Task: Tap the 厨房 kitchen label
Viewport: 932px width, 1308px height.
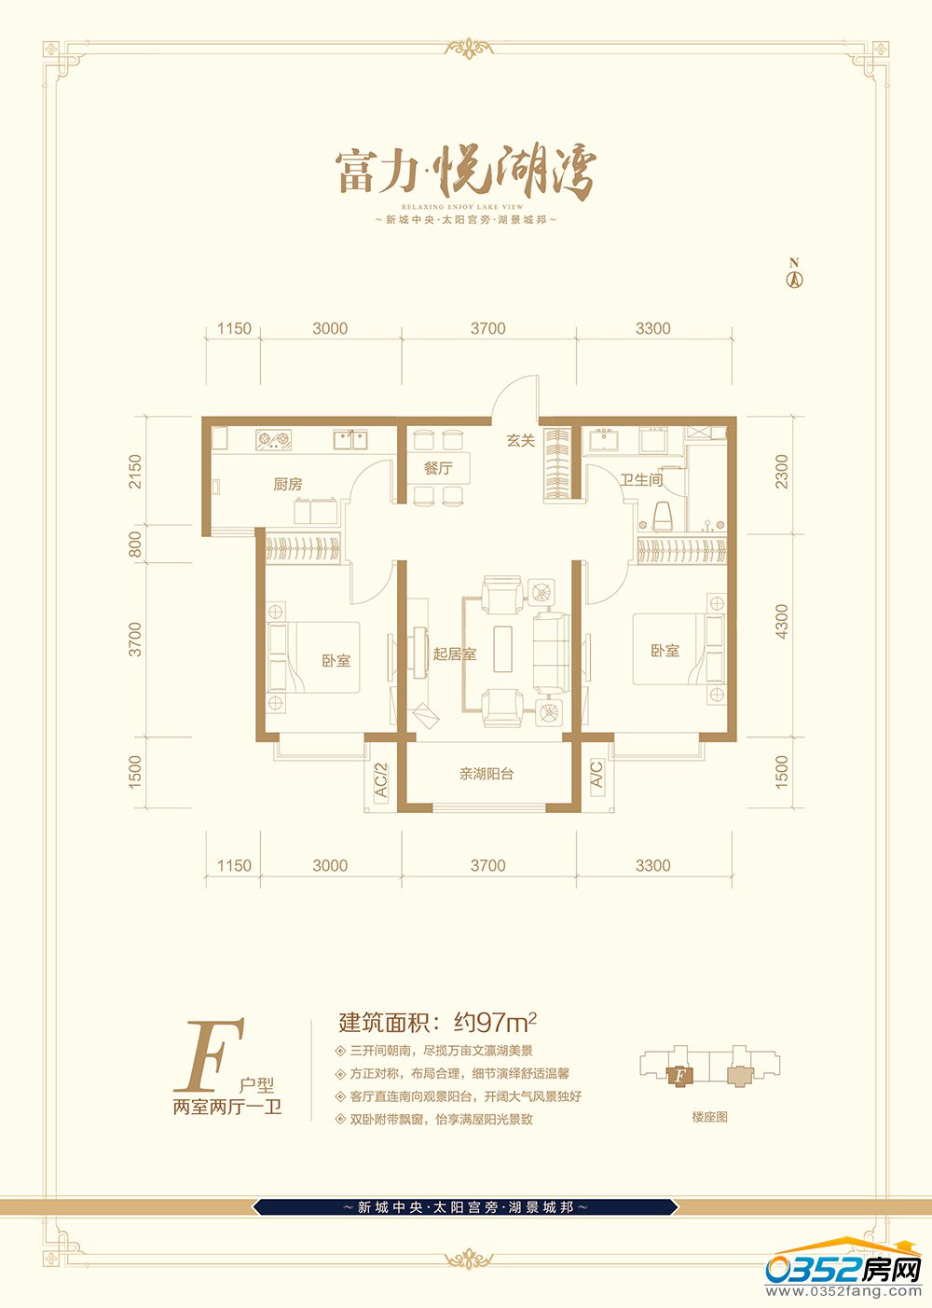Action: (x=288, y=484)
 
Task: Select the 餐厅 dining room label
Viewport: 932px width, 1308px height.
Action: (x=438, y=468)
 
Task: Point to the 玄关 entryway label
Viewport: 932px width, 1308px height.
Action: (x=521, y=440)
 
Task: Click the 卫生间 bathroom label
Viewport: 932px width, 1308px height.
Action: (x=641, y=480)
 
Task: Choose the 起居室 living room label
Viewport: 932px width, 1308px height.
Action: (x=455, y=654)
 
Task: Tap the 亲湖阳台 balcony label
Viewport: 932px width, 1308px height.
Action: (x=487, y=775)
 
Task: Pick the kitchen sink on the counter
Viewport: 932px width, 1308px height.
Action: (x=350, y=439)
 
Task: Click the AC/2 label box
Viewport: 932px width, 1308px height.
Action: (x=381, y=780)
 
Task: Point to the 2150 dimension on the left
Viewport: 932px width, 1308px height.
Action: (x=135, y=472)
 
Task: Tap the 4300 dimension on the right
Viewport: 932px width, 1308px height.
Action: (x=781, y=621)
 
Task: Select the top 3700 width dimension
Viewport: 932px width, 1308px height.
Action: (x=487, y=328)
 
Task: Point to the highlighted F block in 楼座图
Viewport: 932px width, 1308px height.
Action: (x=678, y=1075)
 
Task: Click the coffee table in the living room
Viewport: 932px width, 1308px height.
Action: (x=503, y=649)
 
